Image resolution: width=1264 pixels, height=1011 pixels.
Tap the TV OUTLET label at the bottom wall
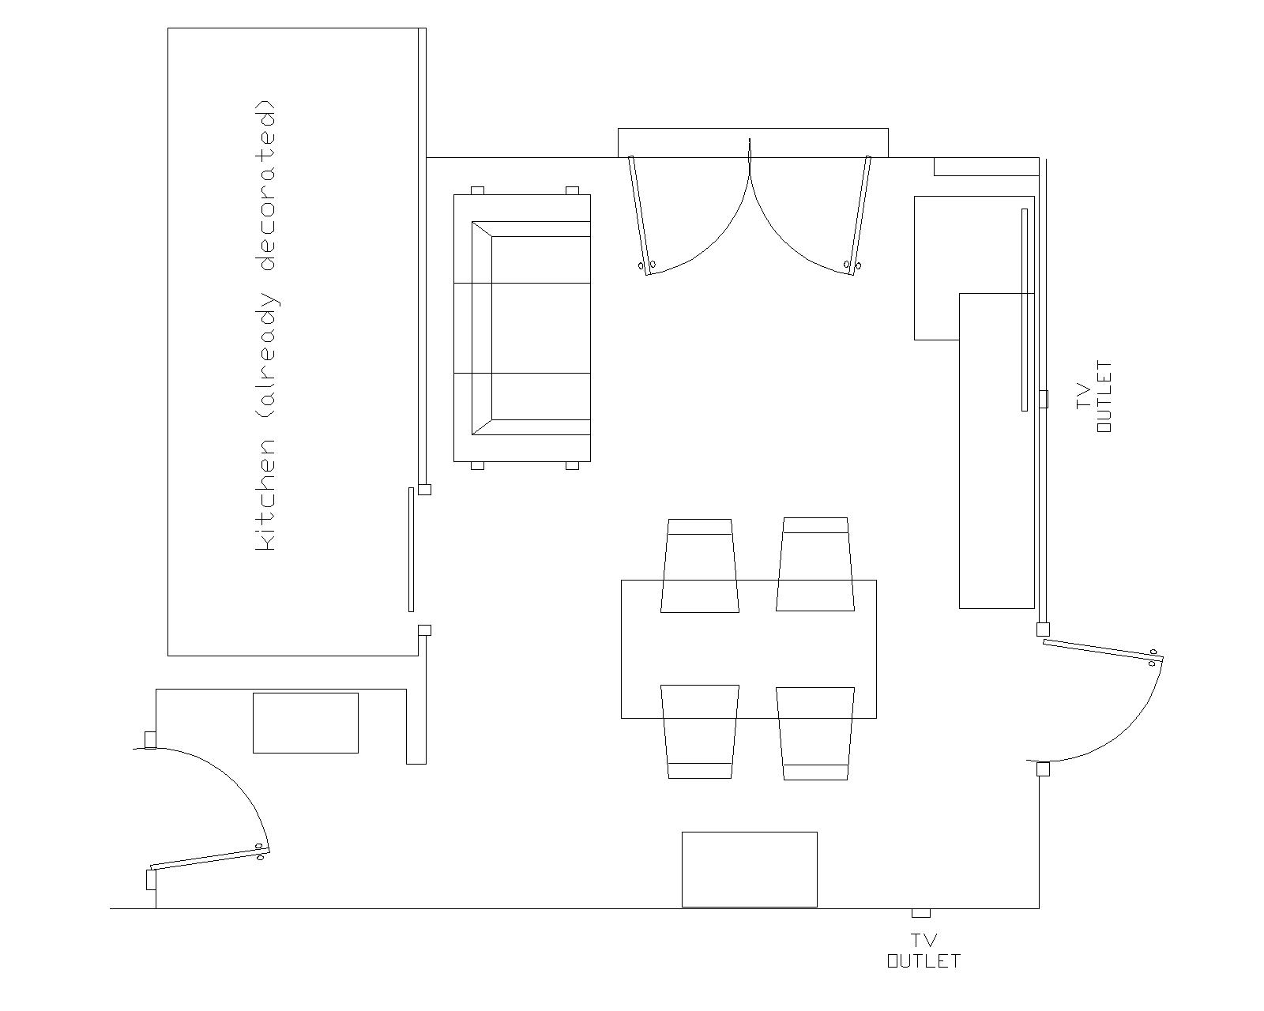click(924, 953)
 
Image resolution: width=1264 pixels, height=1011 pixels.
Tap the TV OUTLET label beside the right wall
click(1094, 397)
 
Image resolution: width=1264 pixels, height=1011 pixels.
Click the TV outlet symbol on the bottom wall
click(921, 913)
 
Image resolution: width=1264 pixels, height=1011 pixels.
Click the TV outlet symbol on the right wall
click(1043, 399)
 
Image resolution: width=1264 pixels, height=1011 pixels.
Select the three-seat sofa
click(522, 328)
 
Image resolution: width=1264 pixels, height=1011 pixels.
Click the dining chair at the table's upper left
click(700, 565)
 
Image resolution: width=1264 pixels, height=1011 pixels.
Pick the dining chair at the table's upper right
click(815, 564)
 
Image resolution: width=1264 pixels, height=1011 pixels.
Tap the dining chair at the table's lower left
click(700, 731)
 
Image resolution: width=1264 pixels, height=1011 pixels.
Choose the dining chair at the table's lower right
click(815, 733)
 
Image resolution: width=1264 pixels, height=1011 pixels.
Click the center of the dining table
click(749, 649)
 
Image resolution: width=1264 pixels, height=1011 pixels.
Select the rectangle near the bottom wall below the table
click(750, 870)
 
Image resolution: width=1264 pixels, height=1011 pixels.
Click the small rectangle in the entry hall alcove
click(306, 723)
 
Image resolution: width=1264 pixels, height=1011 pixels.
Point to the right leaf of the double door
click(859, 215)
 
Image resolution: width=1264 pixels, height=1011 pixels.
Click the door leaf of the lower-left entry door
click(209, 859)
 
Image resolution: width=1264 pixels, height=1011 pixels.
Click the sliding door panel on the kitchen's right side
click(411, 549)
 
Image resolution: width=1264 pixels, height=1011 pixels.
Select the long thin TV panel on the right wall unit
click(1025, 310)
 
